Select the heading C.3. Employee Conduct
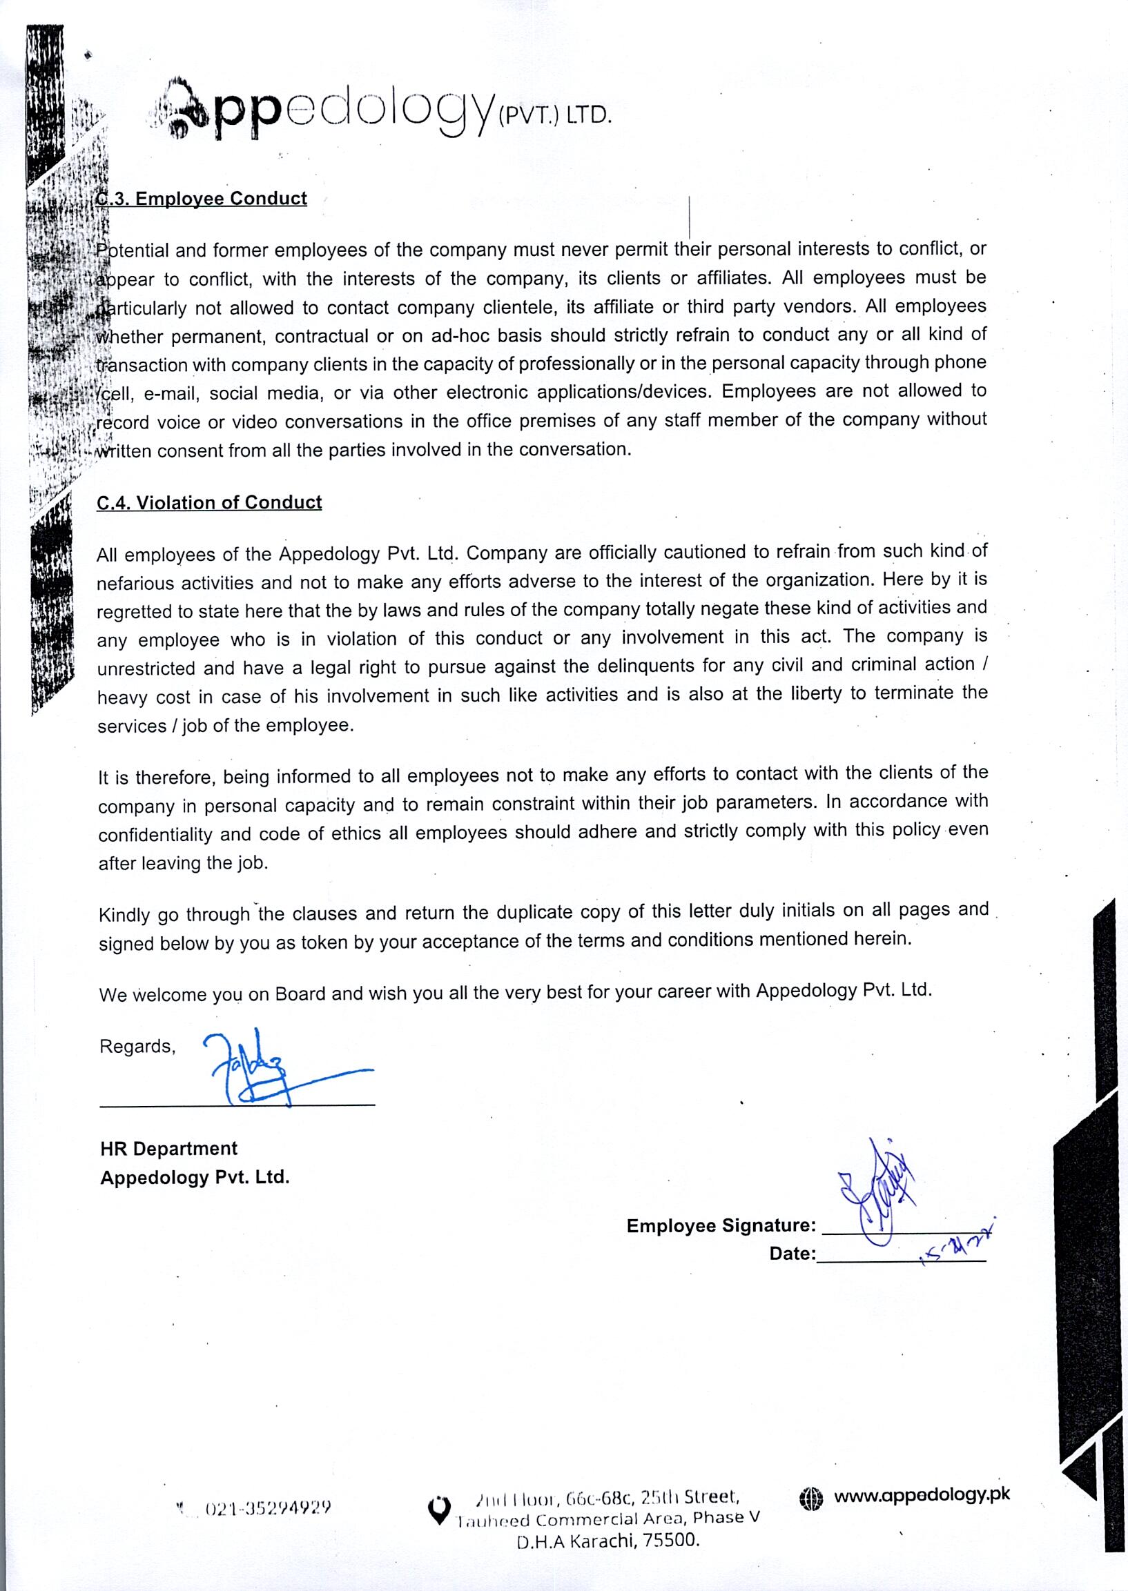pyautogui.click(x=202, y=199)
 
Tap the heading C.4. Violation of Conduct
pyautogui.click(x=209, y=502)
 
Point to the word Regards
pyautogui.click(x=137, y=1047)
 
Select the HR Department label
pyautogui.click(x=168, y=1149)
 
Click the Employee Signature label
pyautogui.click(x=720, y=1226)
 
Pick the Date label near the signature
pyautogui.click(x=792, y=1254)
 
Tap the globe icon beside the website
pyautogui.click(x=810, y=1499)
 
